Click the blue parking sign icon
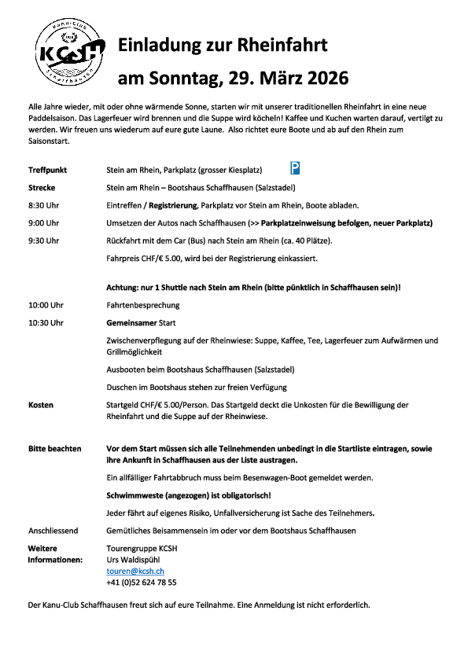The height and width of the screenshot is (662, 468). point(295,167)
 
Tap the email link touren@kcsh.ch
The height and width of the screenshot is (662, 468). point(135,571)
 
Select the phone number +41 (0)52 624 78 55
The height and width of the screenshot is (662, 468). point(141,583)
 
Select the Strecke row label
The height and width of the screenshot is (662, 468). point(42,188)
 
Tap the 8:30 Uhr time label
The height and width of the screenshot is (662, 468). point(44,205)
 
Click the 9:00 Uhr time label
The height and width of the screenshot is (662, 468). point(44,223)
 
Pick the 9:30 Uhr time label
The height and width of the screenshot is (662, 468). point(44,240)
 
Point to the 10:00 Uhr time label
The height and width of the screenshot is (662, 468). point(46,304)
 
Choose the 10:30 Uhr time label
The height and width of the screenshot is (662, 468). point(46,322)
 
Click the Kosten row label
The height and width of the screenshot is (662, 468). point(41,404)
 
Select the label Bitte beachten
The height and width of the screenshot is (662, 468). point(54,449)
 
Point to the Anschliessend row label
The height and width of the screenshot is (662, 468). point(53,531)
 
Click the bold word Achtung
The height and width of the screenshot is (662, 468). point(123,287)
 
